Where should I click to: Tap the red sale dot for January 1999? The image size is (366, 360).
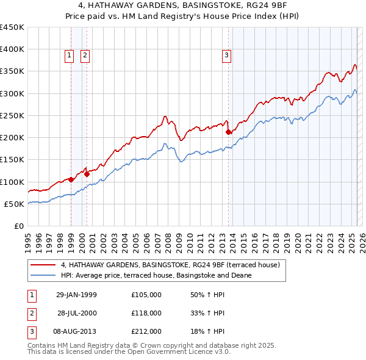[x=71, y=179]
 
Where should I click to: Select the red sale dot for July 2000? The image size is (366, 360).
[x=87, y=174]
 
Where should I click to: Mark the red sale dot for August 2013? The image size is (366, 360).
[x=228, y=132]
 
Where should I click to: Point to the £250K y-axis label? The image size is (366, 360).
[x=12, y=115]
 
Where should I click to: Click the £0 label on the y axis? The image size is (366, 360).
[x=19, y=226]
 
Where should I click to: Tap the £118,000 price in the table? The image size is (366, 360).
[x=146, y=313]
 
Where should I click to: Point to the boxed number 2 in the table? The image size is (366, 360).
[x=30, y=313]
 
